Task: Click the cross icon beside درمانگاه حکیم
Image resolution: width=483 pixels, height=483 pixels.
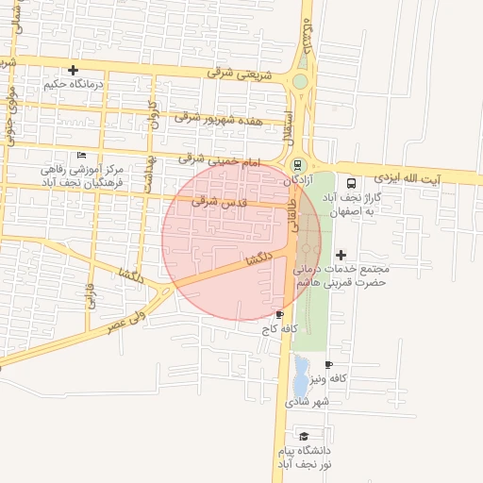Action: (74, 70)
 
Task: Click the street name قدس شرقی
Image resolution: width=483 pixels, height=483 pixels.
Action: (218, 201)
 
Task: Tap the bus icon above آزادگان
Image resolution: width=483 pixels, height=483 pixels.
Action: (299, 164)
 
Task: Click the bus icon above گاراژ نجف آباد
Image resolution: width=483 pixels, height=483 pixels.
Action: (351, 184)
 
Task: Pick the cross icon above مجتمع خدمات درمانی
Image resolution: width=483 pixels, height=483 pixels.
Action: (341, 254)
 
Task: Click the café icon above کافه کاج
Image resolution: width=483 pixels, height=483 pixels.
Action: (279, 314)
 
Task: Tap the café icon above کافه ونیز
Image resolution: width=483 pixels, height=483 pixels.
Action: (328, 364)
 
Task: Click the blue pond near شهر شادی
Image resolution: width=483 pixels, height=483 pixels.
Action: (300, 375)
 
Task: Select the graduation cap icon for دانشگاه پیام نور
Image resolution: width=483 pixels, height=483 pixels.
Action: (304, 435)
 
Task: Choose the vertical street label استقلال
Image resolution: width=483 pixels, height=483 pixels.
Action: (289, 127)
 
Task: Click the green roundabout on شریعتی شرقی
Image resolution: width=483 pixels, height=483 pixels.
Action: (300, 82)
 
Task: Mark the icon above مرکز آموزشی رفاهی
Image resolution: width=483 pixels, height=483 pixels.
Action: (81, 156)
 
